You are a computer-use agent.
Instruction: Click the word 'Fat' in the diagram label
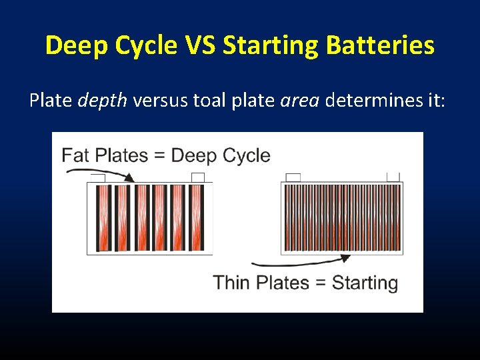[76, 155]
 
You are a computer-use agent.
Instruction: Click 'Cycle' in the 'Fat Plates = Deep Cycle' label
[246, 155]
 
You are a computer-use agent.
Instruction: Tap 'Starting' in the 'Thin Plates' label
[365, 283]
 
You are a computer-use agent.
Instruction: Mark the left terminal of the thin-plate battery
[293, 177]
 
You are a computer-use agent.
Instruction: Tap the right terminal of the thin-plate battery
[393, 177]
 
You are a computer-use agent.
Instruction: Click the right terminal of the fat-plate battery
[198, 177]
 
